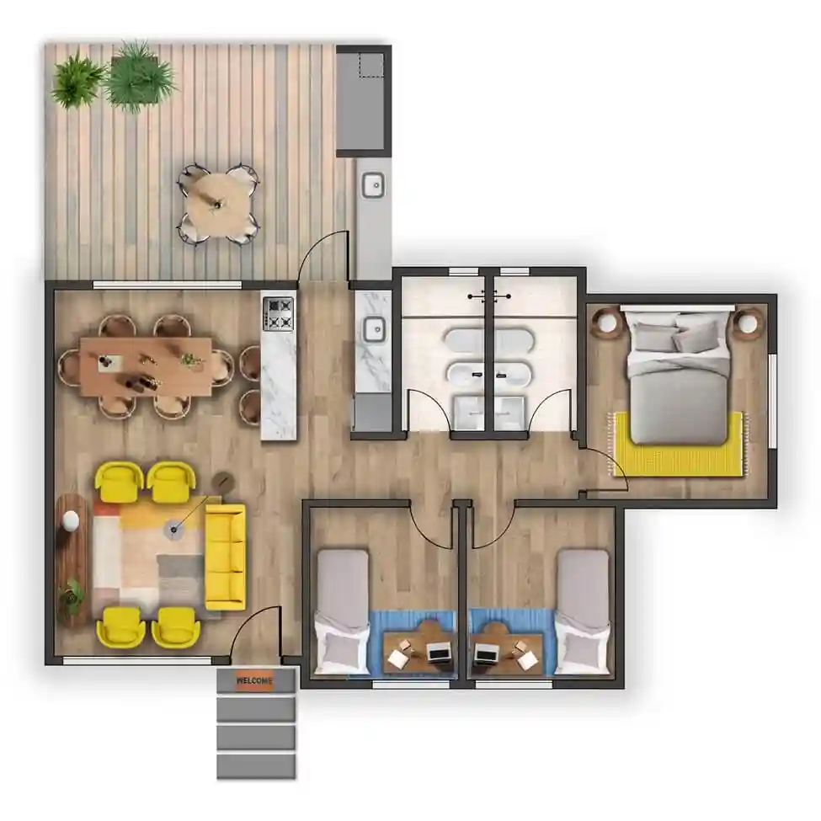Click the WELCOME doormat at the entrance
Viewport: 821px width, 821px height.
click(x=255, y=680)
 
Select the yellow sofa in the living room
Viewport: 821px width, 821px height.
click(x=225, y=556)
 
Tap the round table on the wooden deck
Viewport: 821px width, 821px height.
click(x=217, y=202)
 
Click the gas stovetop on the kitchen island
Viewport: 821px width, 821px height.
click(x=278, y=313)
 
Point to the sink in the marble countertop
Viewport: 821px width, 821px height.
click(x=371, y=329)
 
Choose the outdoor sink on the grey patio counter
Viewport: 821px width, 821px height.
click(x=372, y=184)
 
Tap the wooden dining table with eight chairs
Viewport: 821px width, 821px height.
click(x=147, y=366)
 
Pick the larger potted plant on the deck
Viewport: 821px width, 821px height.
click(x=139, y=76)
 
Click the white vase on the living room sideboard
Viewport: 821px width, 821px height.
click(x=71, y=521)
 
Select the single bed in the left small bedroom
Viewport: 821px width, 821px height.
click(x=343, y=610)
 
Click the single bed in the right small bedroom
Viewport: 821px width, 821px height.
click(x=583, y=610)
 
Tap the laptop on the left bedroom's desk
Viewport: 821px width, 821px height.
click(x=438, y=652)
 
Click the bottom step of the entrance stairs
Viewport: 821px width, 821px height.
click(x=256, y=765)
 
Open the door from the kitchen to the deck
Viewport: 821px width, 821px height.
click(x=324, y=253)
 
